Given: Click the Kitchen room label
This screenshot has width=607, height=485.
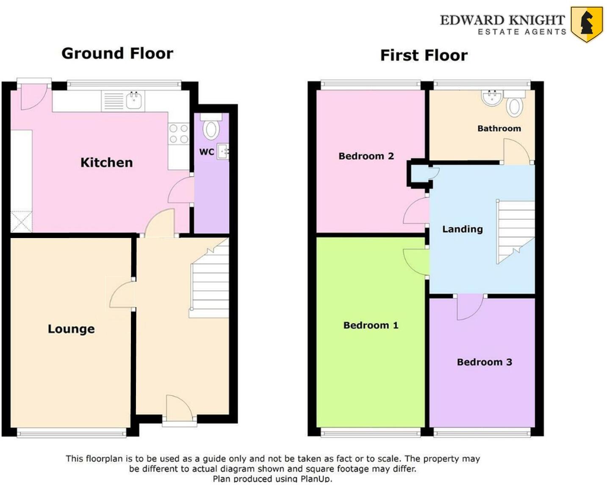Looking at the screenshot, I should pos(106,162).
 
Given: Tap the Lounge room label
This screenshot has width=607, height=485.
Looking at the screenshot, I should pos(71,329).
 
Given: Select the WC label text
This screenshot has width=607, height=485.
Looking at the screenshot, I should pos(207,152).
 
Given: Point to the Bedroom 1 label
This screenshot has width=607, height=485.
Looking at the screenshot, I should pos(371,325).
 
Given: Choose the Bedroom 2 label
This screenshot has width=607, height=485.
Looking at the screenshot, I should pos(366,156).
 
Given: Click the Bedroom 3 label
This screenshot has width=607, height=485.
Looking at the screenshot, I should pos(484,362).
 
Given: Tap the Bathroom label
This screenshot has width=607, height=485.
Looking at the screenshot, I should pos(499,128).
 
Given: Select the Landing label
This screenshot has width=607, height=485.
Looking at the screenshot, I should pos(462,229).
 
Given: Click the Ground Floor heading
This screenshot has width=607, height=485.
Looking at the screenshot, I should pos(117,53).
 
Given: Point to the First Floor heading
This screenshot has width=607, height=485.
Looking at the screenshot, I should pos(424,55).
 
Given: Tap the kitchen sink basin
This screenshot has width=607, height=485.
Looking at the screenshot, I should pos(135,101).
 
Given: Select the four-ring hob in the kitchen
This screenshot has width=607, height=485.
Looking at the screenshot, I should pos(179,133).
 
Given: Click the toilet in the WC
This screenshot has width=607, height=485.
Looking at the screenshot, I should pos(211,128).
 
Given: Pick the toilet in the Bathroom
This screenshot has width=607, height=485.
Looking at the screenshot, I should pos(514,105).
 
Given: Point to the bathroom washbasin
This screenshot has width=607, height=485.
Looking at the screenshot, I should pos(492,98).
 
